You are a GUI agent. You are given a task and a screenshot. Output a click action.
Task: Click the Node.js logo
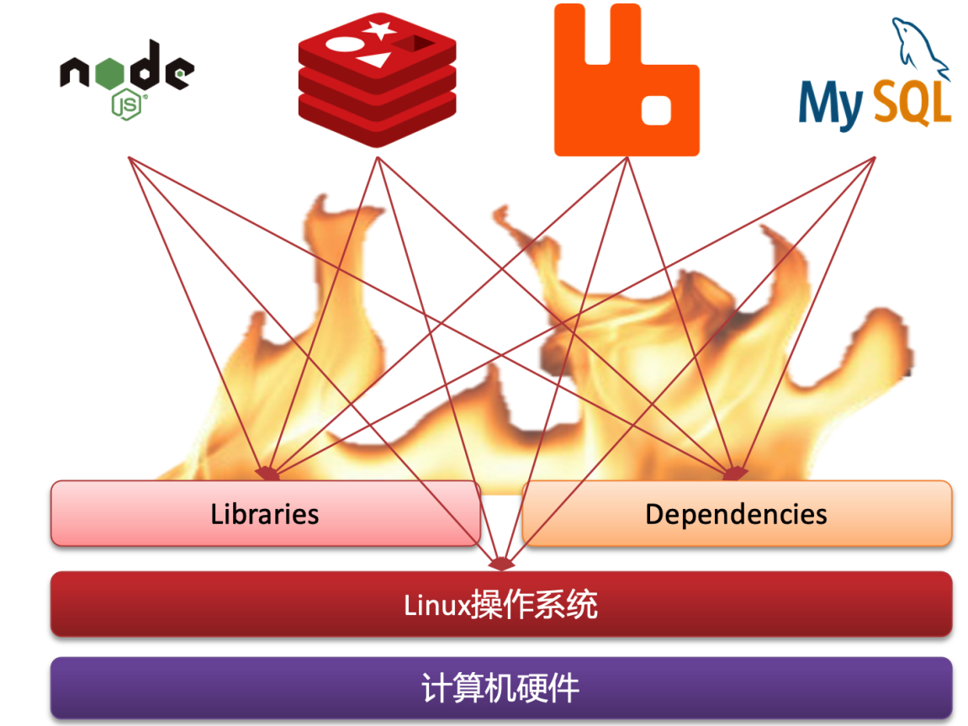126,76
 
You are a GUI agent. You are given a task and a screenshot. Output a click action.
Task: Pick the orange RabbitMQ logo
626,81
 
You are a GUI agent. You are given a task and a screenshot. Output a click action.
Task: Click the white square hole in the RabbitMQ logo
655,109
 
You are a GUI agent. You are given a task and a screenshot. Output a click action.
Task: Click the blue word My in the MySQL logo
830,103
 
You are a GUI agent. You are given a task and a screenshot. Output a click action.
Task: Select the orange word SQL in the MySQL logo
912,102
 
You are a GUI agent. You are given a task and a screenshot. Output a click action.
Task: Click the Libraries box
265,513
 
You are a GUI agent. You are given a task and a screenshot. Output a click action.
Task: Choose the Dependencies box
737,513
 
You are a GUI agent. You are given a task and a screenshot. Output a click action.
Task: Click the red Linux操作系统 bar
501,604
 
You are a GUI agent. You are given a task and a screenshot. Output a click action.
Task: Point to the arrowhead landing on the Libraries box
267,474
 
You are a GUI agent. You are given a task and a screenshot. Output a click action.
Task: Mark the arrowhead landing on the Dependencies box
733,474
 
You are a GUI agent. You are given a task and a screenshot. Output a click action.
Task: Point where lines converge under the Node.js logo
129,157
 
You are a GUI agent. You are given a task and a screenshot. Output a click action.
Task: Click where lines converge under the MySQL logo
875,157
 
